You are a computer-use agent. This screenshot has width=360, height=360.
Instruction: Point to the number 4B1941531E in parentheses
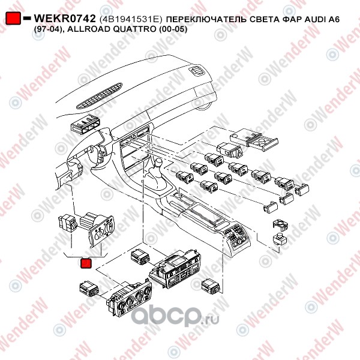pyautogui.click(x=131, y=20)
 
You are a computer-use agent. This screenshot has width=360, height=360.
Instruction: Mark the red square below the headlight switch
pyautogui.click(x=86, y=262)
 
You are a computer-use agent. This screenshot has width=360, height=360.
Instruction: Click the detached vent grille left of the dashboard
pyautogui.click(x=83, y=125)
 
